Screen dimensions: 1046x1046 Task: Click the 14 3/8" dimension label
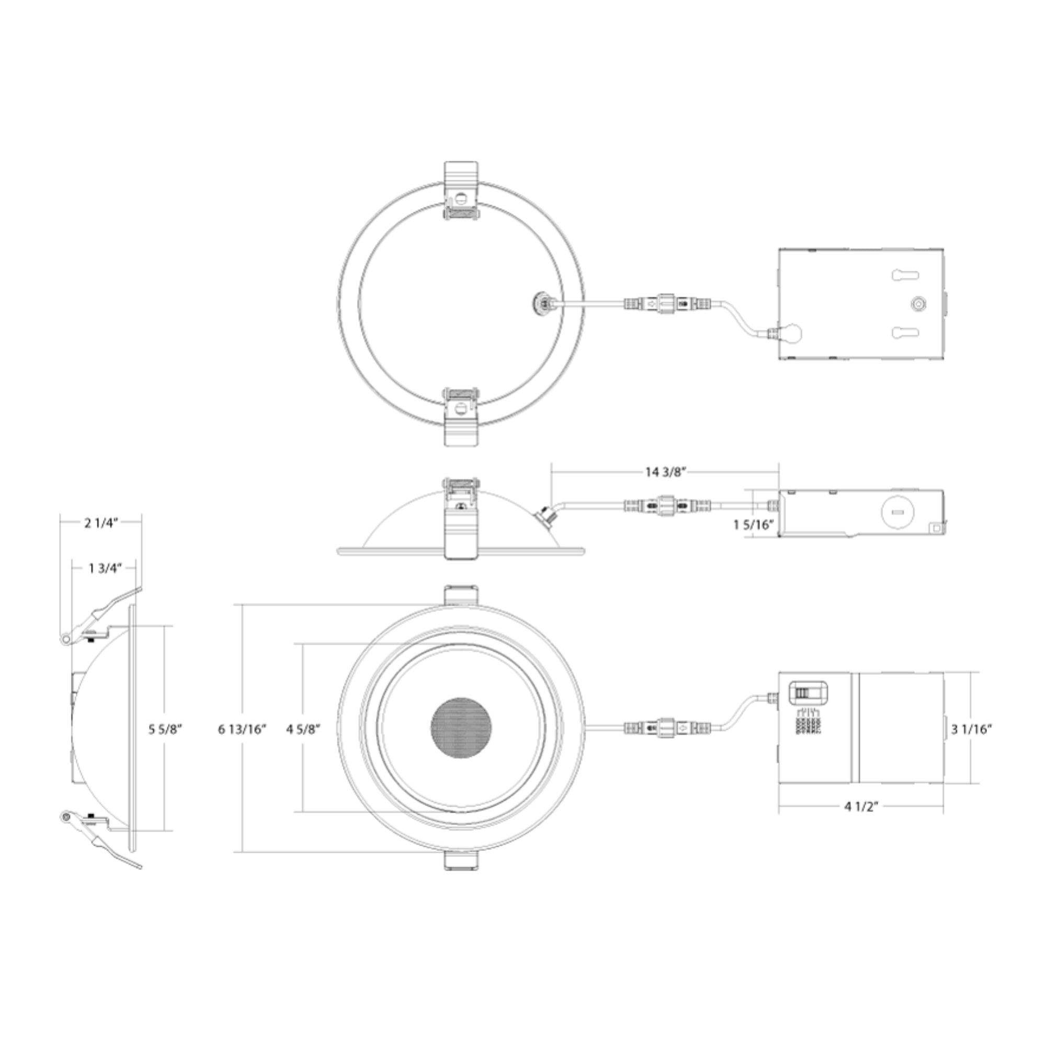[665, 472]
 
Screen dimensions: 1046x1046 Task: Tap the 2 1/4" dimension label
[101, 523]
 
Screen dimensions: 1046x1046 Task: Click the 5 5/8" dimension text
[165, 729]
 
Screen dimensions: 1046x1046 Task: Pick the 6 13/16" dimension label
[243, 729]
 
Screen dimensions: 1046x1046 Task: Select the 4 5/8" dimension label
[303, 729]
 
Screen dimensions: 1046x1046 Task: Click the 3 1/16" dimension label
[971, 729]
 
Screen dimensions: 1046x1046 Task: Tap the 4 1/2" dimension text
[861, 821]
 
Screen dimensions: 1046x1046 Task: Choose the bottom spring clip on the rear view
[461, 416]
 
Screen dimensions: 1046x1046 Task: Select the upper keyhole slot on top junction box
[905, 276]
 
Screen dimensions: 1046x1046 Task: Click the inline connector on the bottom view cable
[665, 727]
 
